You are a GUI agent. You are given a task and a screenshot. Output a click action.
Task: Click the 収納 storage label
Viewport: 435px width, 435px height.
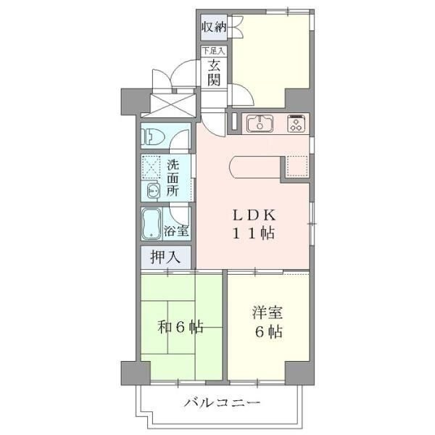(214, 27)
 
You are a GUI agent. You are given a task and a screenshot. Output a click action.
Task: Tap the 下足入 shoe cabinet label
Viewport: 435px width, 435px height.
(213, 51)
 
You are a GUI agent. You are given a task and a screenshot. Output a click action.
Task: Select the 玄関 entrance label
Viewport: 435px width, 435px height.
(214, 72)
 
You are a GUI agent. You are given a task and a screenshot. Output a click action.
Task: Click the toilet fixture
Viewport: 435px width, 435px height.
(153, 136)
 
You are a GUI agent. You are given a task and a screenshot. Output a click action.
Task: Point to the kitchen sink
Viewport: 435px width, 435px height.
(260, 123)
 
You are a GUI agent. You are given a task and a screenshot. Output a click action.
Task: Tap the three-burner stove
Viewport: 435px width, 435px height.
(297, 123)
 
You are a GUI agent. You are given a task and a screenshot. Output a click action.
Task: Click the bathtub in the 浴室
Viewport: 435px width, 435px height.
(152, 223)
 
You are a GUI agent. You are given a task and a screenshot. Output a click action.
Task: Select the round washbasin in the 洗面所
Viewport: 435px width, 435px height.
(154, 191)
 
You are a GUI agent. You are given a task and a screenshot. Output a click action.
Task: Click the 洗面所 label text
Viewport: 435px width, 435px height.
(173, 178)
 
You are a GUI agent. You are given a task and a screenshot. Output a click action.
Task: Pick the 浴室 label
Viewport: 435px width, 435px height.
(176, 231)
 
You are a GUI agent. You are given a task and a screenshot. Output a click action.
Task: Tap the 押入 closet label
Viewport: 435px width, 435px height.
(165, 257)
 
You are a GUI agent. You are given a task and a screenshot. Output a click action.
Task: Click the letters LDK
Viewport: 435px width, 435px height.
(254, 215)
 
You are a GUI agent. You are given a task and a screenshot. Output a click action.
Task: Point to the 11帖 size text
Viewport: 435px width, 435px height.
(253, 233)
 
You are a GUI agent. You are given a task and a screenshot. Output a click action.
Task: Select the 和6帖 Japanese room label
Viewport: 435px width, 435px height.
(181, 327)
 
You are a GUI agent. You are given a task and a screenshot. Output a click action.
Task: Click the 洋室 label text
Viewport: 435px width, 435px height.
(268, 312)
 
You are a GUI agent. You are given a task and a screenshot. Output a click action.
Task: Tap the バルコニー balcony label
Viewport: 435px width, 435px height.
(223, 402)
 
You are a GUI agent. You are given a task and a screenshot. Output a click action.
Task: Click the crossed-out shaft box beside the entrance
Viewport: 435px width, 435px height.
(168, 106)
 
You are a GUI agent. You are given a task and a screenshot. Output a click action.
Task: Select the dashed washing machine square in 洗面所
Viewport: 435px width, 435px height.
(152, 167)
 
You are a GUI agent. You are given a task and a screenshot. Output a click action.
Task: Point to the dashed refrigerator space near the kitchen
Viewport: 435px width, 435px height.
(297, 166)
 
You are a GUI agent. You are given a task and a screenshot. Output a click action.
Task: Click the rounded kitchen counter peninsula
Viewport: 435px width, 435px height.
(255, 167)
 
